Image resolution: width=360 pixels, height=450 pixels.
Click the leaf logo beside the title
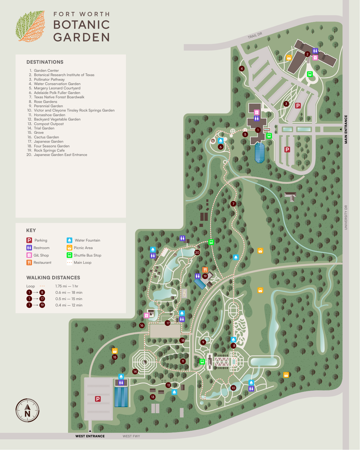[x=31, y=27]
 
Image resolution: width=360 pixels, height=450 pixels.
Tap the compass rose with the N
[x=27, y=411]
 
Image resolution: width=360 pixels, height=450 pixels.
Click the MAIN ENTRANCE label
[x=346, y=129]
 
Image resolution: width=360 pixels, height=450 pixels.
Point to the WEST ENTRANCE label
[x=90, y=436]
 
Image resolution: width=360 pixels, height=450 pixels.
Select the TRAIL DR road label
[x=255, y=35]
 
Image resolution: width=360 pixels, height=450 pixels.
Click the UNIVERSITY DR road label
[x=346, y=217]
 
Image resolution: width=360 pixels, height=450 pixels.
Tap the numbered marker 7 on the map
[x=233, y=204]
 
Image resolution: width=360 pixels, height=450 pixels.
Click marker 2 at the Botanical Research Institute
[x=307, y=54]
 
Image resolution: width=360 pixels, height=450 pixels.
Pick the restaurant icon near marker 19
[x=205, y=270]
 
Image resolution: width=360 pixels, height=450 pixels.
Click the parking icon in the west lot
[x=98, y=399]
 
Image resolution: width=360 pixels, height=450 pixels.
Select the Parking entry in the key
[x=37, y=240]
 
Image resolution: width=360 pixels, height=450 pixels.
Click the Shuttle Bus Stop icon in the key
[x=69, y=255]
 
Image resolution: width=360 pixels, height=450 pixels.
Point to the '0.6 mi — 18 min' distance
[x=69, y=293]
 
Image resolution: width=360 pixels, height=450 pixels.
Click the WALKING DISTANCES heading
[x=53, y=278]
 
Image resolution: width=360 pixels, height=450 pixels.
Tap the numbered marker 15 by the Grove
[x=115, y=357]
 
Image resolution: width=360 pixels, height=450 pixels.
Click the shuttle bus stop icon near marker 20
[x=211, y=242]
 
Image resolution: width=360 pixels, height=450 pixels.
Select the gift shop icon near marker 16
[x=146, y=315]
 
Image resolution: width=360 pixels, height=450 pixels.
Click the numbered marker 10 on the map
[x=233, y=388]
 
